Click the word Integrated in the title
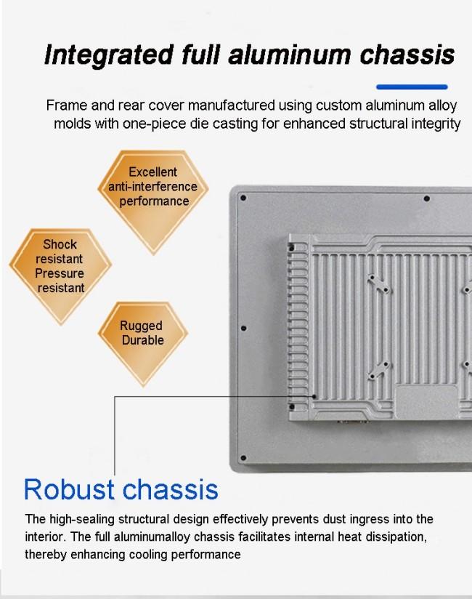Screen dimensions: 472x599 109,55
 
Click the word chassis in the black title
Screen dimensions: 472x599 407,54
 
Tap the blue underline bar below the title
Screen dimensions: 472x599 412,87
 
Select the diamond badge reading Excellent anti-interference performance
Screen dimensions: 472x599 153,201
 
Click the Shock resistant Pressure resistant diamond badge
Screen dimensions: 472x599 60,276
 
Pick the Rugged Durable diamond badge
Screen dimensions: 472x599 143,344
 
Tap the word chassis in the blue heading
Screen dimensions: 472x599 170,489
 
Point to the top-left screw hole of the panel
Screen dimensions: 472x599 243,198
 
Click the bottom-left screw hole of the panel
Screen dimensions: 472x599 243,458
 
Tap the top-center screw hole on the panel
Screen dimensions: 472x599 426,198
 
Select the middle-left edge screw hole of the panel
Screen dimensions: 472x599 243,328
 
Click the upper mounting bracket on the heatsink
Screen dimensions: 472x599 378,284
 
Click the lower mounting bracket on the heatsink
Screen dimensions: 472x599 379,370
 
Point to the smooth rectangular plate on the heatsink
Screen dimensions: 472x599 426,402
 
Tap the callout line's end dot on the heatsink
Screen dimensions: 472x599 314,396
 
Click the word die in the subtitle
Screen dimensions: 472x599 199,124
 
